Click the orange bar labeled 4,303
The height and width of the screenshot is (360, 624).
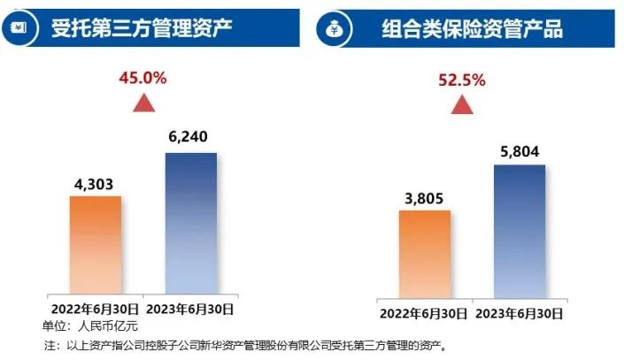(95, 245)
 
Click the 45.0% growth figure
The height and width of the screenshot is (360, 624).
(143, 77)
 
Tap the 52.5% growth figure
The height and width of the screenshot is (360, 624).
(461, 80)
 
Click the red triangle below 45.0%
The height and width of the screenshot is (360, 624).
(143, 103)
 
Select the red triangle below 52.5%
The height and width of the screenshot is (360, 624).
(461, 106)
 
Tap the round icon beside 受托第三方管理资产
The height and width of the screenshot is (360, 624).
(25, 27)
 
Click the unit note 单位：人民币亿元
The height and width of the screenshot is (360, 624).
(86, 325)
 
